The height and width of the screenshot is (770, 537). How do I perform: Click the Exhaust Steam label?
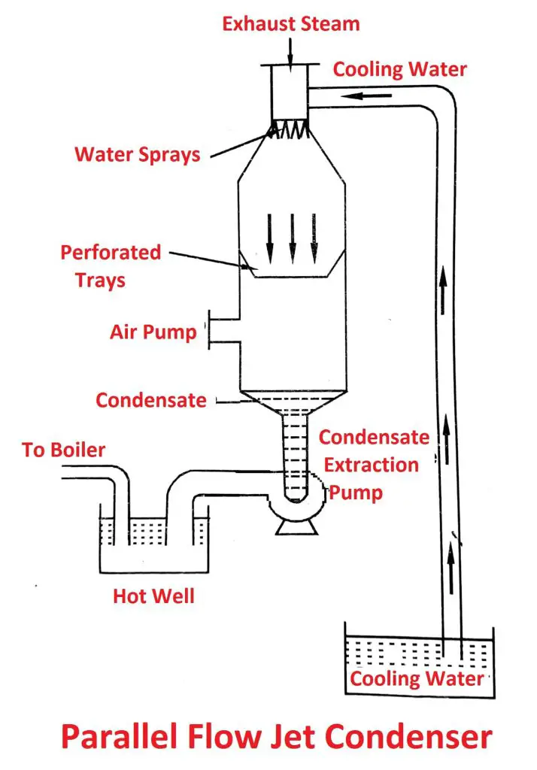[290, 23]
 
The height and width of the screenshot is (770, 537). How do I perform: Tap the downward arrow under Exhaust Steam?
[290, 50]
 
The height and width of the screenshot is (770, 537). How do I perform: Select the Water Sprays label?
[137, 154]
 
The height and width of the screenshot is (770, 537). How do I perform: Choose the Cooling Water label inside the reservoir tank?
[416, 678]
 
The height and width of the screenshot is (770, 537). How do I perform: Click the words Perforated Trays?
[111, 265]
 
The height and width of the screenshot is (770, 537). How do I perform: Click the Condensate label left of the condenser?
[150, 400]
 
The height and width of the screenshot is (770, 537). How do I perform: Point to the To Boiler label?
[63, 450]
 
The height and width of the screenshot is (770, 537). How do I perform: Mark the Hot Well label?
[153, 596]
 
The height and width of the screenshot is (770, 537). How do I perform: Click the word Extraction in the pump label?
[371, 465]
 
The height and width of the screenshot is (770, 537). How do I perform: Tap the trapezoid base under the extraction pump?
[290, 528]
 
